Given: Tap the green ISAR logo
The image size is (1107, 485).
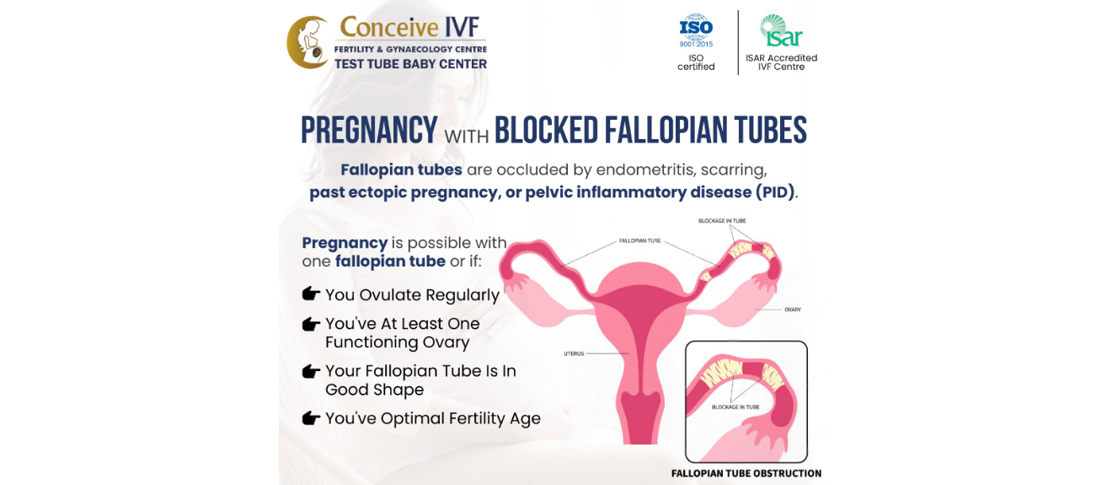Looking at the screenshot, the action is click(x=781, y=30).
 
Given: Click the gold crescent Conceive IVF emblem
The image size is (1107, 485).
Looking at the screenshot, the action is click(x=307, y=42).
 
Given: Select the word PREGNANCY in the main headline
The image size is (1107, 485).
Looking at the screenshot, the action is click(x=369, y=130).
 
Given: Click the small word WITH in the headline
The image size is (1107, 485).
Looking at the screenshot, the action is click(x=466, y=136).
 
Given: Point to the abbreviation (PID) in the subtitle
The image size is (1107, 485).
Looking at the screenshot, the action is click(x=775, y=192).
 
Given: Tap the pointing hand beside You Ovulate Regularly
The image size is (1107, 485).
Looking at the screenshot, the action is click(x=311, y=294).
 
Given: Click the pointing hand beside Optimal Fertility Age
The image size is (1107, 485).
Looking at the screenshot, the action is click(x=311, y=418).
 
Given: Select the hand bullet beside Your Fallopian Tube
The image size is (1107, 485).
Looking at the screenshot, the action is click(x=311, y=371).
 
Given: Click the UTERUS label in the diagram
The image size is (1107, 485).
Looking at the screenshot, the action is click(x=574, y=353).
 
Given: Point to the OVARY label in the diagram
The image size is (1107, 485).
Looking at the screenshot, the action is click(x=793, y=310).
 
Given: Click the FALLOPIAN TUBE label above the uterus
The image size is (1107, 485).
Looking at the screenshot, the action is click(x=639, y=240).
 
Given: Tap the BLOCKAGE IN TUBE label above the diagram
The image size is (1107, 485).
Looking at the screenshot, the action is click(x=722, y=221).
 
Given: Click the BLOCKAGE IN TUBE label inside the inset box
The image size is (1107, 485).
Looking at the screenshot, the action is click(x=735, y=407).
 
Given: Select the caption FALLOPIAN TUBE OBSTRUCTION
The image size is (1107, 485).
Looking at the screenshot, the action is click(x=746, y=473).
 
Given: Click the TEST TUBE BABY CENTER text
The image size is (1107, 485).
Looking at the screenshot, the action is click(x=410, y=64).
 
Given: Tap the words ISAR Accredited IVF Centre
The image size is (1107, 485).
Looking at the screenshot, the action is click(x=781, y=62).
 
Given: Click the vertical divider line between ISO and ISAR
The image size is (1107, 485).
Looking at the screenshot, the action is click(x=738, y=42).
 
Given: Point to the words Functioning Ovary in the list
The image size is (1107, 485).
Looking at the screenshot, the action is click(x=398, y=342).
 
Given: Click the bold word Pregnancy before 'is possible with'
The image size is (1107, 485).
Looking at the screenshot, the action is click(x=345, y=243).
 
